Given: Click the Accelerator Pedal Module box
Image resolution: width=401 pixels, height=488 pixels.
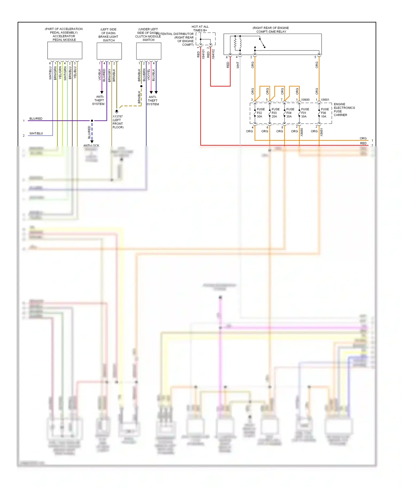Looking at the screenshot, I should tap(65, 50).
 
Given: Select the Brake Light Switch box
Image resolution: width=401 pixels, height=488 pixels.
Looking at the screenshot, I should tap(109, 51).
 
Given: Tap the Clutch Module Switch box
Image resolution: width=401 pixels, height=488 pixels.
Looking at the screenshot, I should tap(149, 51).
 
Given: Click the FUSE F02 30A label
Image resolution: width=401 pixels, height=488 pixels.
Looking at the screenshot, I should tap(260, 113).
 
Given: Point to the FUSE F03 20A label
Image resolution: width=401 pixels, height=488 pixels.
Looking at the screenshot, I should tap(275, 113).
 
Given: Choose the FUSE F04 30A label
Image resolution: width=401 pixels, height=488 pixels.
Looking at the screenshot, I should tap(290, 113).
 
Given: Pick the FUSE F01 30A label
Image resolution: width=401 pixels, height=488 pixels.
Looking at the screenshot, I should tap(305, 113).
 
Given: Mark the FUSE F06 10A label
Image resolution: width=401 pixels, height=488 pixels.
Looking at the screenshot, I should tap(325, 113).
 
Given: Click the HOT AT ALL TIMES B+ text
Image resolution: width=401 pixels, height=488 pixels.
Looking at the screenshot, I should tap(200, 29).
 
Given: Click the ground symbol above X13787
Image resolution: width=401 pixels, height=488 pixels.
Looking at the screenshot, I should tap(117, 111).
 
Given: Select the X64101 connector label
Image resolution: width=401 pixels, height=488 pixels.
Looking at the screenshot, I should tap(203, 54).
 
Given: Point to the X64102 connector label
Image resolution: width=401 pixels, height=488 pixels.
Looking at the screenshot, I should tap(213, 54).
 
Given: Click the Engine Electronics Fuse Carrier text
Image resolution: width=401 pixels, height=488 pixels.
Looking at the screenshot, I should tap(344, 110).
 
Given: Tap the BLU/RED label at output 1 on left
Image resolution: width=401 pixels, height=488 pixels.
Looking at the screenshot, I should tap(36, 119).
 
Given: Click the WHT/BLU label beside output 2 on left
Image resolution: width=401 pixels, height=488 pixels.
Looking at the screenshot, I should tap(36, 133).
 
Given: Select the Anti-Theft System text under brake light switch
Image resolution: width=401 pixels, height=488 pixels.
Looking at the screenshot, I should tap(98, 100).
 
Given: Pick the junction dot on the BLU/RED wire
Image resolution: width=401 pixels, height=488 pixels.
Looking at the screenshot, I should tap(92, 121).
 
